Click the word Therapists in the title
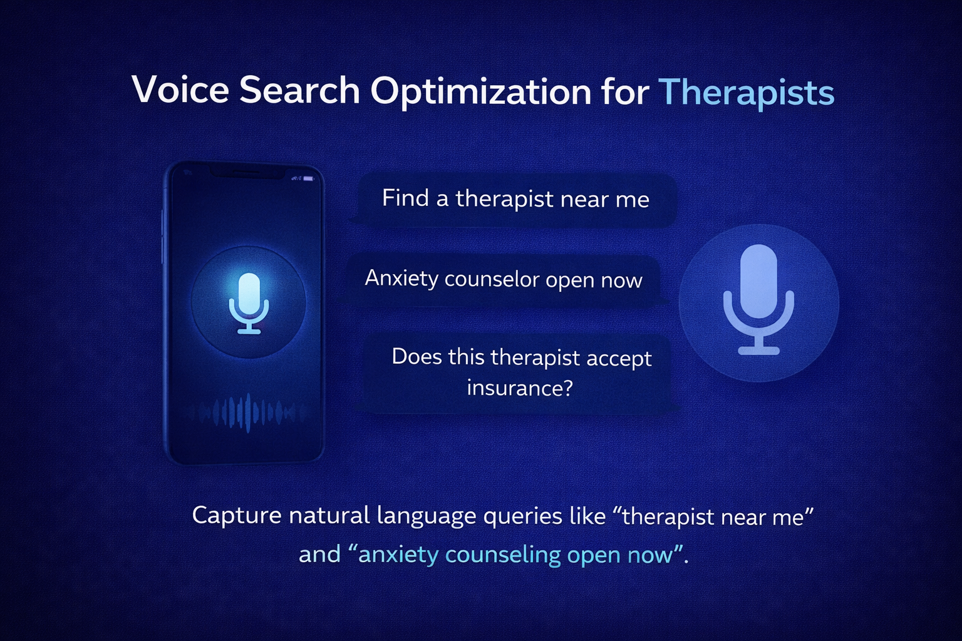tap(746, 92)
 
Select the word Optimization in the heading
tap(480, 92)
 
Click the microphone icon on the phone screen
tap(249, 303)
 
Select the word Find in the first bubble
tap(405, 198)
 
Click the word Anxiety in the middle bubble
tap(401, 279)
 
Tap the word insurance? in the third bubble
tap(519, 388)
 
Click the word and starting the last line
tap(319, 555)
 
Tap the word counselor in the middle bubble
tap(492, 279)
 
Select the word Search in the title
tap(299, 90)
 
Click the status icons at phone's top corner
tap(304, 179)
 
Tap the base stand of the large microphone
tap(758, 351)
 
